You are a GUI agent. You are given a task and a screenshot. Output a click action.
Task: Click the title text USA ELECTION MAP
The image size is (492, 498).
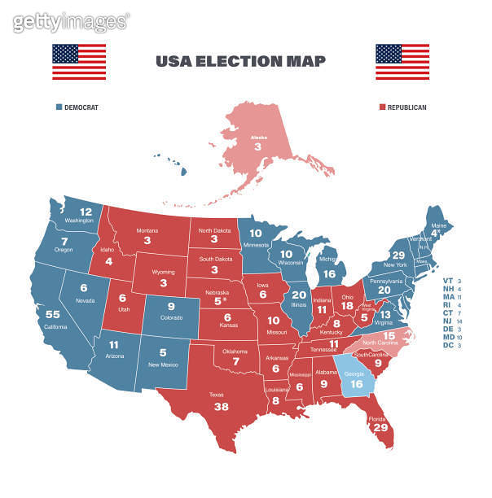tap(240, 61)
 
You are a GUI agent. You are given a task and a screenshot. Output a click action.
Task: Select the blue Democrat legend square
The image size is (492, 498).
tap(59, 107)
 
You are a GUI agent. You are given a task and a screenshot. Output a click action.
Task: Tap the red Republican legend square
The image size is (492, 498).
tap(383, 107)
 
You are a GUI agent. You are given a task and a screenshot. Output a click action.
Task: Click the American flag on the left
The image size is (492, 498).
tap(79, 62)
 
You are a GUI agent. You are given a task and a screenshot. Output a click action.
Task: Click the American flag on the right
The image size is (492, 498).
tap(402, 62)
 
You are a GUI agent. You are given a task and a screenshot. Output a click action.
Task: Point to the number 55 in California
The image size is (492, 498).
tap(53, 314)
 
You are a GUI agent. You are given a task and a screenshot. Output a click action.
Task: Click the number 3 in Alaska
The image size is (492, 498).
tap(258, 147)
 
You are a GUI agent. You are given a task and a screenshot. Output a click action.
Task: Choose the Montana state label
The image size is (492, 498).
tap(147, 230)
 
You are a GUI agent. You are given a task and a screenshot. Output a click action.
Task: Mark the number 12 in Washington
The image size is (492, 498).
tap(86, 212)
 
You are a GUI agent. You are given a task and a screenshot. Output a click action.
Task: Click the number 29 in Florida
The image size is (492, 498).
tap(380, 427)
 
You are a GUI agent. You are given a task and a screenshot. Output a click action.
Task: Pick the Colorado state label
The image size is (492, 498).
tap(171, 317)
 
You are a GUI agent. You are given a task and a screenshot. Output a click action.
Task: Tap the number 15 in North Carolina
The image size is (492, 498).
tap(389, 335)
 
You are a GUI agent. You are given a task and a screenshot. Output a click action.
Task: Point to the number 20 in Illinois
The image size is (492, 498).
tap(299, 295)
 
